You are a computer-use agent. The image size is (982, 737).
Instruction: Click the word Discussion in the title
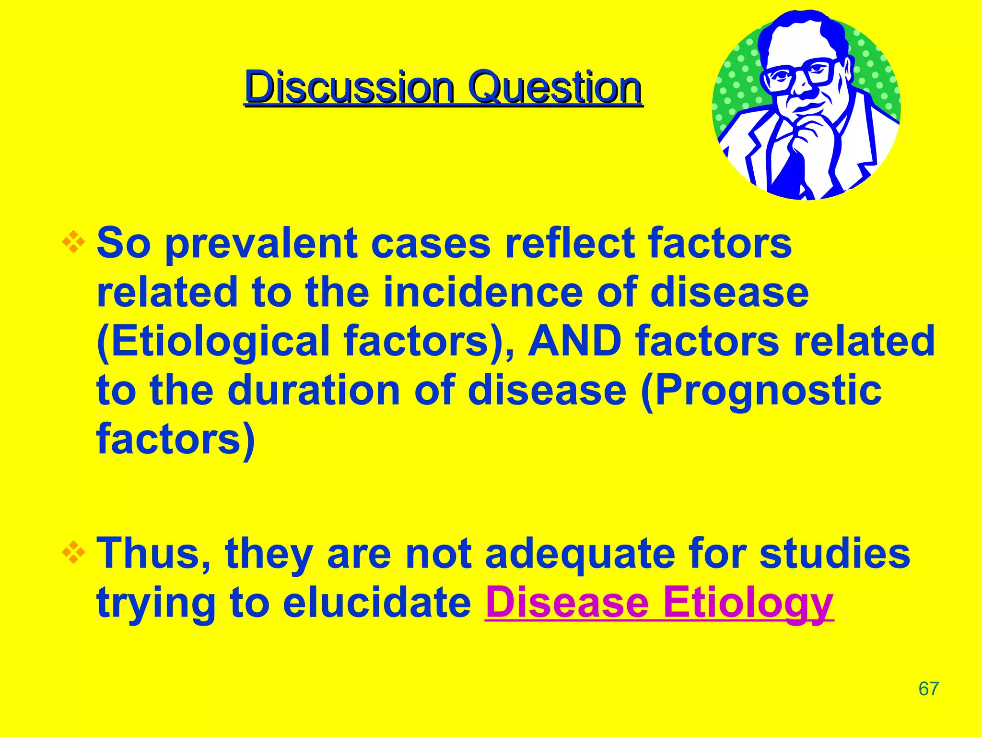(349, 88)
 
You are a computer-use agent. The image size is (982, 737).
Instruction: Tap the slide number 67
(928, 689)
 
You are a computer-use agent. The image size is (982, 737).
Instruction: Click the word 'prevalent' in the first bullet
(261, 244)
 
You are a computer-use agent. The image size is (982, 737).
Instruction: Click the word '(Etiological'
(213, 342)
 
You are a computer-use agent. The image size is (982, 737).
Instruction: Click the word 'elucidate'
(377, 603)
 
